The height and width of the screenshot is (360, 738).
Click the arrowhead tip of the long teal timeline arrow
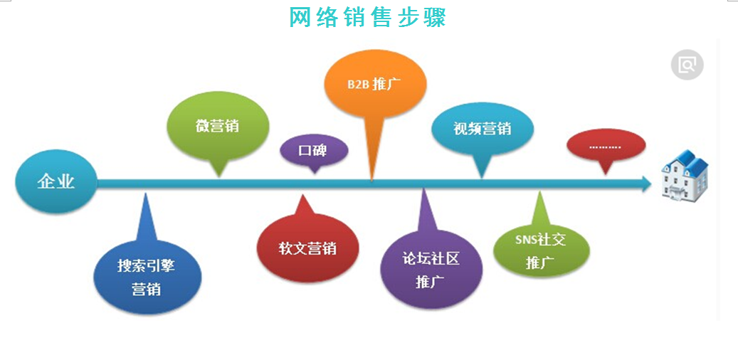[651, 184]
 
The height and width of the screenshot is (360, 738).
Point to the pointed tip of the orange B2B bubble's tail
[371, 181]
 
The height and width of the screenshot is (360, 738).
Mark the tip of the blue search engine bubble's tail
[146, 192]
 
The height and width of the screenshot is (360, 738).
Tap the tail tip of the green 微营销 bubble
[219, 177]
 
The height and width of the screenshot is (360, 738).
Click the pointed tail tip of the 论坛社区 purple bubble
[423, 188]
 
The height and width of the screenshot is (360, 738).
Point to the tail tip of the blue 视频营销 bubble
[482, 179]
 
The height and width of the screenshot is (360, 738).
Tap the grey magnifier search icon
[687, 65]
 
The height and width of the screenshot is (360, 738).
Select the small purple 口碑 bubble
[314, 154]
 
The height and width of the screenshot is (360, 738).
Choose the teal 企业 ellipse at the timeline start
[56, 181]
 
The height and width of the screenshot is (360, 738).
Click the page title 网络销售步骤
[368, 17]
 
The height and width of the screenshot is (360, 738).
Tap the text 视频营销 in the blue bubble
[483, 129]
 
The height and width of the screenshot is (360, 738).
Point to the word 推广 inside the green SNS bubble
[539, 262]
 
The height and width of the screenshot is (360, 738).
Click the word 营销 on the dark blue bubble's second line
[147, 288]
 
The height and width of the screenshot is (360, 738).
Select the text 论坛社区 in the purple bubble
[431, 259]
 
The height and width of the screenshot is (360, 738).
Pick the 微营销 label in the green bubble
[218, 126]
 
